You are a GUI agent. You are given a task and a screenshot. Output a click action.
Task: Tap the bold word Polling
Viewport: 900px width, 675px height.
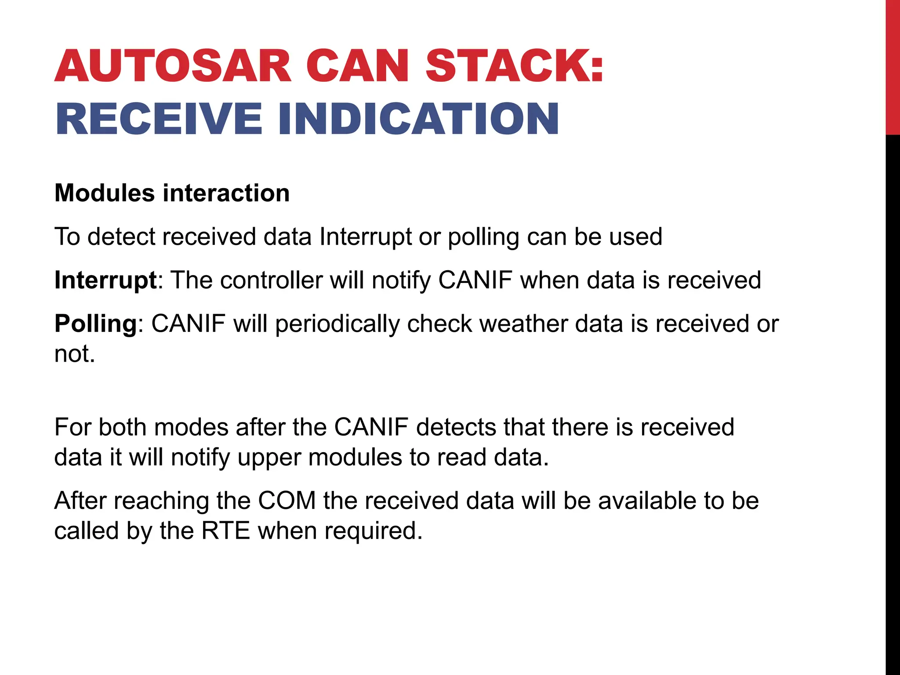(x=96, y=324)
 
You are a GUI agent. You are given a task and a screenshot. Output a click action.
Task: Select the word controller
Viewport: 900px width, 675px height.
(x=272, y=280)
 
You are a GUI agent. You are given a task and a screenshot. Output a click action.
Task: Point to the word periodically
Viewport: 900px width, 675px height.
(x=337, y=325)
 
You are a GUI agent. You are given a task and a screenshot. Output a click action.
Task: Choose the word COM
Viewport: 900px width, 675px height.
(x=287, y=501)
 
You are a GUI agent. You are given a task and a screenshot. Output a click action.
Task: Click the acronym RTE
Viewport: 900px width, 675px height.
(x=226, y=531)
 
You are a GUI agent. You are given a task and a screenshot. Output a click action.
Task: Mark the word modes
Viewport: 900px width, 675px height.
(x=191, y=427)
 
